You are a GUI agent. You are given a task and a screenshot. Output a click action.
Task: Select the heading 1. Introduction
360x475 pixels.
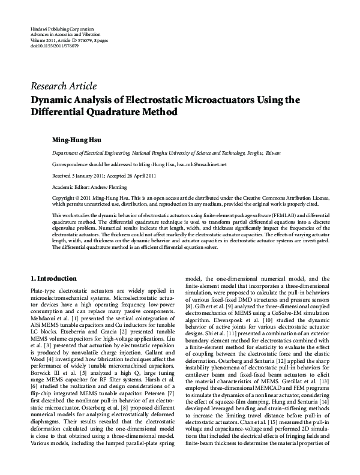[53, 279]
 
